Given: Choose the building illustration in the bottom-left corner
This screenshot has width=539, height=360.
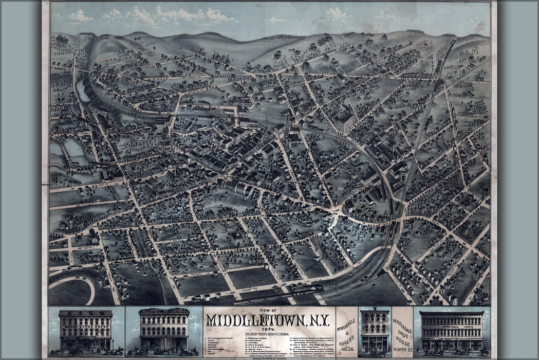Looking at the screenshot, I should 86,332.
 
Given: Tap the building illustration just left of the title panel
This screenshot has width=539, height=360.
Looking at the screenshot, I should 164,331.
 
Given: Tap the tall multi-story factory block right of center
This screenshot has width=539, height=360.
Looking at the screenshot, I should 345,123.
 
